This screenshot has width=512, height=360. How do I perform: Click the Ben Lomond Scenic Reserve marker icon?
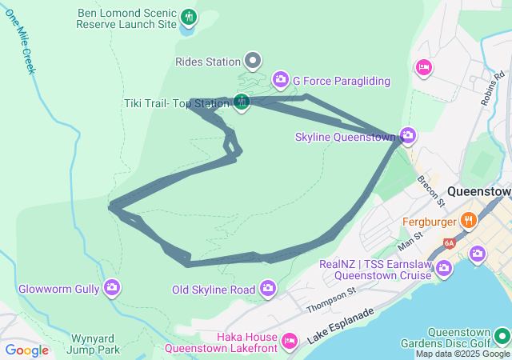click(189, 17)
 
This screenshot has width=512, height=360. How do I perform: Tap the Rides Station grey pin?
click(253, 61)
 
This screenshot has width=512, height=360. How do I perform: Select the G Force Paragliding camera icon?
click(281, 79)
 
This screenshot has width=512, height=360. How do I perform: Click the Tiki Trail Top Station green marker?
click(242, 102)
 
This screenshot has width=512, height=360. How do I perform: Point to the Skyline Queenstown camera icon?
click(409, 135)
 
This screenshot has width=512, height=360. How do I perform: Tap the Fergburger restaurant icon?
click(469, 218)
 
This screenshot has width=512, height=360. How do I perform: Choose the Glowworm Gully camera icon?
click(111, 286)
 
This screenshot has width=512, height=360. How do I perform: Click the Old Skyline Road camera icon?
click(267, 288)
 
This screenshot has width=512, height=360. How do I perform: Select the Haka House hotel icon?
click(290, 341)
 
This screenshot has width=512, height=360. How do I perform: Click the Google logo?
click(26, 350)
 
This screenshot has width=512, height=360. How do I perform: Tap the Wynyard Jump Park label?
click(94, 343)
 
